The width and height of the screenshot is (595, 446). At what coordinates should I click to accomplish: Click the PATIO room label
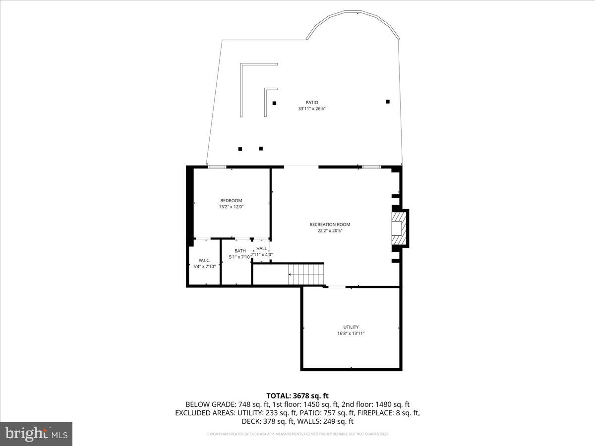click(311, 103)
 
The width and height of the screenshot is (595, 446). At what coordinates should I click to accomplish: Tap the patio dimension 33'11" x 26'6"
click(311, 109)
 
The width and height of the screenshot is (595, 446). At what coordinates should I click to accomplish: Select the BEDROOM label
click(231, 201)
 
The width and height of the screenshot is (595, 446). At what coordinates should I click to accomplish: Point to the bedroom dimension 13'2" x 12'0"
click(231, 207)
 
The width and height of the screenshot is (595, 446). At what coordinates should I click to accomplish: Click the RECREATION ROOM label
click(330, 224)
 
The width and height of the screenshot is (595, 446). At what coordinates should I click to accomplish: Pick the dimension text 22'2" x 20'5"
click(330, 230)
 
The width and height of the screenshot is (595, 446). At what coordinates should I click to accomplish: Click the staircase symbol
click(305, 274)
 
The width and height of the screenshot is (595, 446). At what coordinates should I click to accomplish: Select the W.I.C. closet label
click(204, 260)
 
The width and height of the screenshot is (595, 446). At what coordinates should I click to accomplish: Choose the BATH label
click(240, 251)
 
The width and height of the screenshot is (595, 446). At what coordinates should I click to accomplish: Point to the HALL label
click(261, 248)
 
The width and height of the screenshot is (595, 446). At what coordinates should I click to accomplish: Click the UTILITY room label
click(351, 327)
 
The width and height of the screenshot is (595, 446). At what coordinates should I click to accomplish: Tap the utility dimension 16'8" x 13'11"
click(351, 333)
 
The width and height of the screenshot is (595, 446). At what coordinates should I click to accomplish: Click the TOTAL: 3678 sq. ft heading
click(297, 395)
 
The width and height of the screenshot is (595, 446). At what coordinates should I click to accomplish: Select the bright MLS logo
click(36, 434)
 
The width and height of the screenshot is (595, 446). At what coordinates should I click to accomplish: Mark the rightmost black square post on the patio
click(388, 102)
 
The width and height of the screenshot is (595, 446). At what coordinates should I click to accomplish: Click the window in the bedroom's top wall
click(217, 167)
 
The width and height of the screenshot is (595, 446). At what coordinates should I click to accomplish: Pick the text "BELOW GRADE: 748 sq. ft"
click(220, 404)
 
